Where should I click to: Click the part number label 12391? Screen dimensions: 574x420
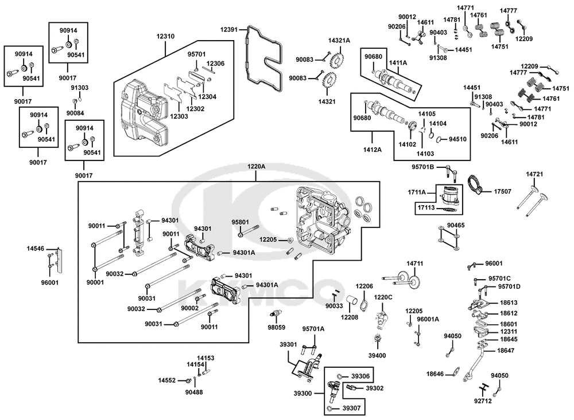[229, 30]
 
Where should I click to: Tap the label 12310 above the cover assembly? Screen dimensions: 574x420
[165, 37]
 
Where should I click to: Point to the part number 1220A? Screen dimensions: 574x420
[256, 167]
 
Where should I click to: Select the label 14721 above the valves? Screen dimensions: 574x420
[534, 174]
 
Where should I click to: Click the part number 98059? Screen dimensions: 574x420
[277, 328]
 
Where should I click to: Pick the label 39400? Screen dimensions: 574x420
[377, 355]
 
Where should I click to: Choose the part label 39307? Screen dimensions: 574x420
[351, 409]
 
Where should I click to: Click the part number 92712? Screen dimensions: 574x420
[483, 401]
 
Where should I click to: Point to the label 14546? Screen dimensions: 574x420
[35, 249]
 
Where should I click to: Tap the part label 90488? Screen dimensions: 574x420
[194, 392]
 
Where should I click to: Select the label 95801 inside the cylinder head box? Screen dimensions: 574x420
[240, 222]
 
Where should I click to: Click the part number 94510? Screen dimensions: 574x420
[457, 139]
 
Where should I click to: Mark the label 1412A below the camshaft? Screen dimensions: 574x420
[373, 150]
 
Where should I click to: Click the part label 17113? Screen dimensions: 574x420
[426, 207]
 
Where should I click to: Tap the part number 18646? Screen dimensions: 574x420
[435, 374]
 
